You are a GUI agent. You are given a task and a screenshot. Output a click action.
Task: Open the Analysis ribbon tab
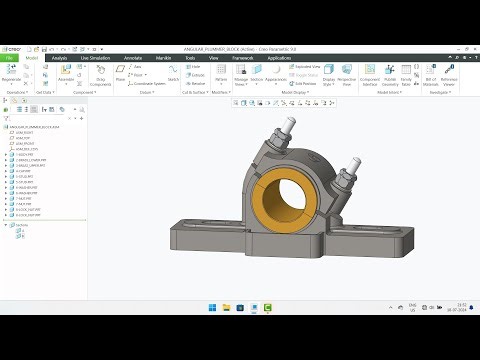59,58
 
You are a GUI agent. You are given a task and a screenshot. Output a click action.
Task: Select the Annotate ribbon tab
132,58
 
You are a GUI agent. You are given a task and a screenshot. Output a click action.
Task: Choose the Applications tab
280,58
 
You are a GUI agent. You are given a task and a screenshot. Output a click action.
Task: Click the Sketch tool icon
173,72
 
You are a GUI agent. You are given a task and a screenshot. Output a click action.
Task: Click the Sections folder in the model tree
22,225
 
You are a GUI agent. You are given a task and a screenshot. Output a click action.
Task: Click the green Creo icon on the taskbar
268,308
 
